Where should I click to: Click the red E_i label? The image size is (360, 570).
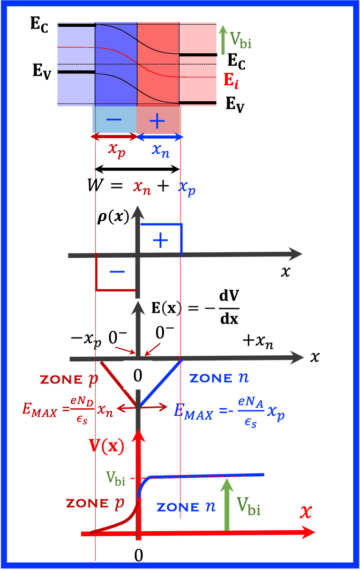tap(231, 81)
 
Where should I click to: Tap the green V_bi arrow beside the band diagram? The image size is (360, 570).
tap(223, 40)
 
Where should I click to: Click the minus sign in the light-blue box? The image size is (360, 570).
tap(114, 120)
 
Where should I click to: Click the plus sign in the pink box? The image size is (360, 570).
tap(157, 120)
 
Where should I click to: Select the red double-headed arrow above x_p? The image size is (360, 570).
tap(114, 137)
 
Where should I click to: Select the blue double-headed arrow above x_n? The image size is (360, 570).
tap(160, 137)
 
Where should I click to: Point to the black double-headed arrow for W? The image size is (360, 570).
tap(137, 169)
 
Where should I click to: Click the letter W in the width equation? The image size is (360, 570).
tap(96, 185)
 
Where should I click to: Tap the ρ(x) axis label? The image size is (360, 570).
tap(113, 217)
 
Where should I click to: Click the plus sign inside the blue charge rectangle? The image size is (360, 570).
tap(160, 240)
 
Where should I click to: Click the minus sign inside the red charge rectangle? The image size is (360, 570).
tap(117, 272)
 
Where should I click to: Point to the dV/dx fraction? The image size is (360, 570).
tap(229, 307)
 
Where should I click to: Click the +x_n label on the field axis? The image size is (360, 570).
tap(258, 342)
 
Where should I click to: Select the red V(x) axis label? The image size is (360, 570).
tap(106, 446)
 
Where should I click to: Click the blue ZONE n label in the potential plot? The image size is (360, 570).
tap(186, 507)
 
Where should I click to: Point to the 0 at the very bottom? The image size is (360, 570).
tap(138, 555)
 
